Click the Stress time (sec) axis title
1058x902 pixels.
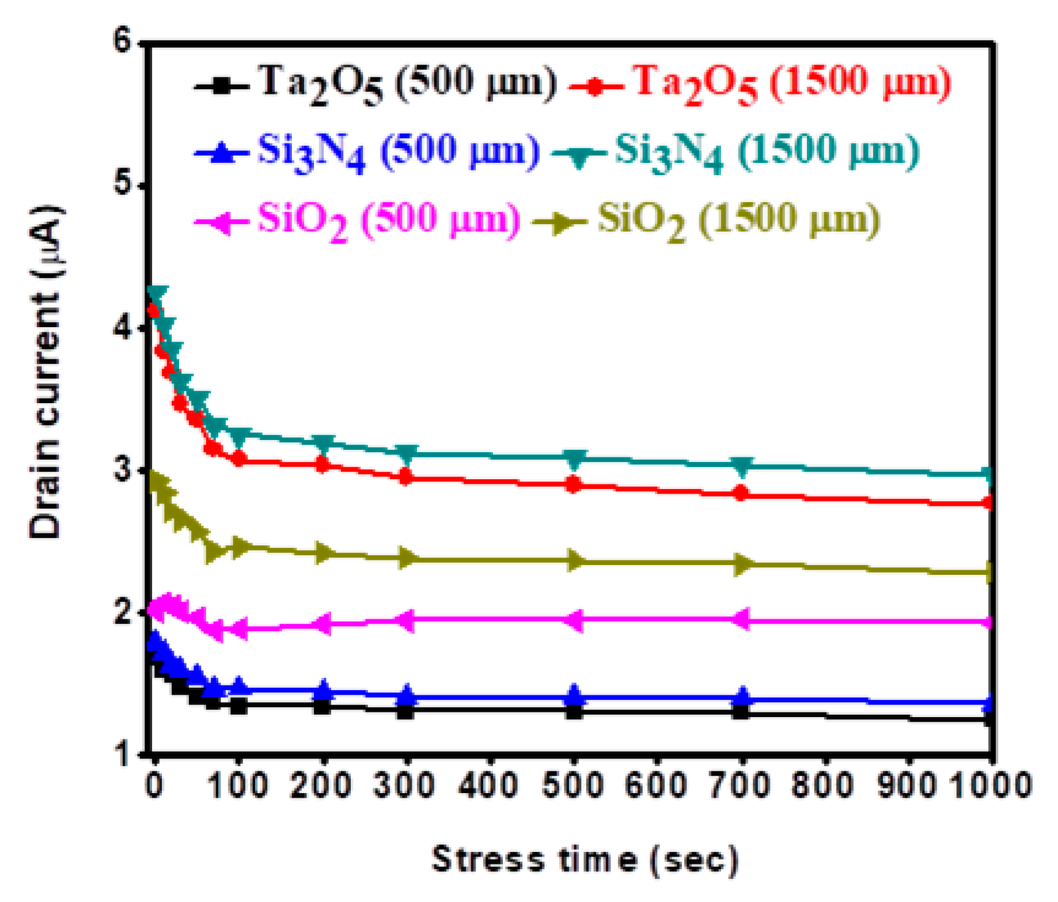585,859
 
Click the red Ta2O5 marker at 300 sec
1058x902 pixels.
405,477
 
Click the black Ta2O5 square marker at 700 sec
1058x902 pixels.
741,712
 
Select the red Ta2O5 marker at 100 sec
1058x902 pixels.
238,458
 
